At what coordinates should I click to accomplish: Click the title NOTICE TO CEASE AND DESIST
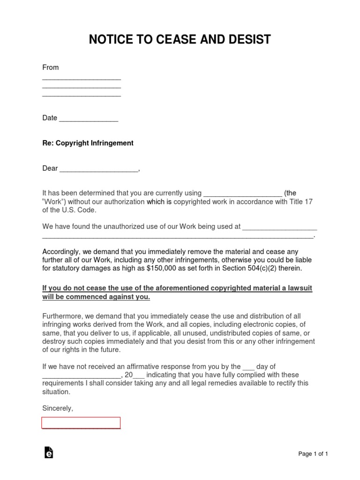tap(180, 40)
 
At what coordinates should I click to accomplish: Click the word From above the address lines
tap(51, 67)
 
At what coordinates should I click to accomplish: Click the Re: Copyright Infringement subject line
tap(88, 143)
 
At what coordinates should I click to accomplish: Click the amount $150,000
tap(162, 269)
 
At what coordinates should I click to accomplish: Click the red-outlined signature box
tap(81, 423)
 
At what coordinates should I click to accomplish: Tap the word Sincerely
tap(58, 408)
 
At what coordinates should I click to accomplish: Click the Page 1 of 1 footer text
tap(313, 454)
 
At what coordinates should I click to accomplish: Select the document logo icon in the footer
tap(48, 452)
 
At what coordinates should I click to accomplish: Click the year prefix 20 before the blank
tap(128, 375)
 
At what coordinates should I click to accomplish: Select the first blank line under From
tap(82, 79)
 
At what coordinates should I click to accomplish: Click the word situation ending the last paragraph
tap(56, 392)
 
